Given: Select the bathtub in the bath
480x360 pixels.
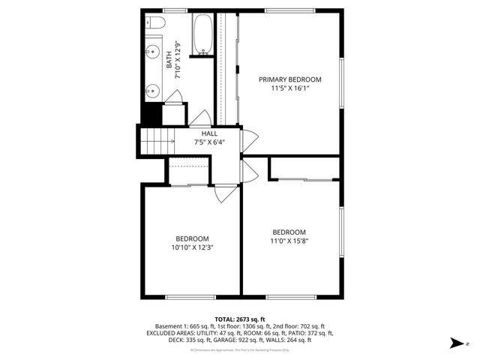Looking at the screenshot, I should tap(203, 34).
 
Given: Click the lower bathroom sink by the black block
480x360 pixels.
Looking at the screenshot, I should tap(151, 89).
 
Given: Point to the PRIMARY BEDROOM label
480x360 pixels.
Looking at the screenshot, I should tap(290, 79).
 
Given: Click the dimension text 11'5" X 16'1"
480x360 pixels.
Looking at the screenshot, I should tap(290, 88).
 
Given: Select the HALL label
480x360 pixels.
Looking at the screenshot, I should tap(209, 133).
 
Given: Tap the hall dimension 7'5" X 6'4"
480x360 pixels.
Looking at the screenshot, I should tap(209, 142).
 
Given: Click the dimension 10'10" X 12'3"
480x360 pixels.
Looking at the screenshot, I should tap(193, 247).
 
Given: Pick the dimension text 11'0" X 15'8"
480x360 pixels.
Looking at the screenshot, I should tap(289, 241).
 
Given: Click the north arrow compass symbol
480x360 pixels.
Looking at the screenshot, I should tap(455, 343).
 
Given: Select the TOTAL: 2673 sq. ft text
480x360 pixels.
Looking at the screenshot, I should tap(240, 319).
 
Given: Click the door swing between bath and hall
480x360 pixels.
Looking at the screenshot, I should tap(201, 118).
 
